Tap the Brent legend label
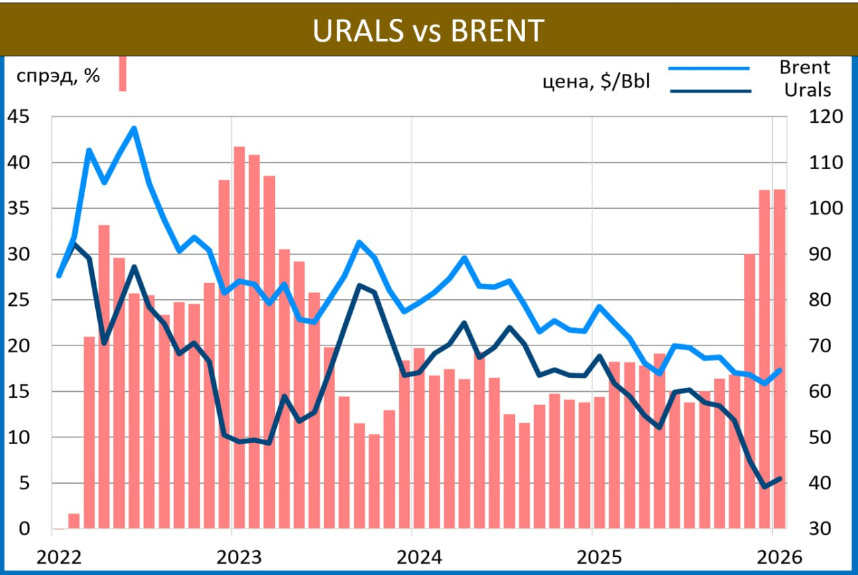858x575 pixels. (804, 67)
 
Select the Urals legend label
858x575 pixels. (807, 89)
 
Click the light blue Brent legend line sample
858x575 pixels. (709, 68)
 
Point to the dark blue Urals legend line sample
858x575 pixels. (709, 91)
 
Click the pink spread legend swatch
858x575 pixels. (123, 72)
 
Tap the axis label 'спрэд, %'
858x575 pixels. (58, 76)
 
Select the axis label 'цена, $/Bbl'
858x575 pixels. (596, 83)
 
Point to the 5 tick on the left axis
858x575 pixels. (24, 483)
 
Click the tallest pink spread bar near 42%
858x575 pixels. (239, 335)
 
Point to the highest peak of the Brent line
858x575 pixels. (134, 128)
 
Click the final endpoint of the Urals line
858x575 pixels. (780, 478)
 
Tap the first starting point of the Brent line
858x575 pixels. (58, 275)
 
